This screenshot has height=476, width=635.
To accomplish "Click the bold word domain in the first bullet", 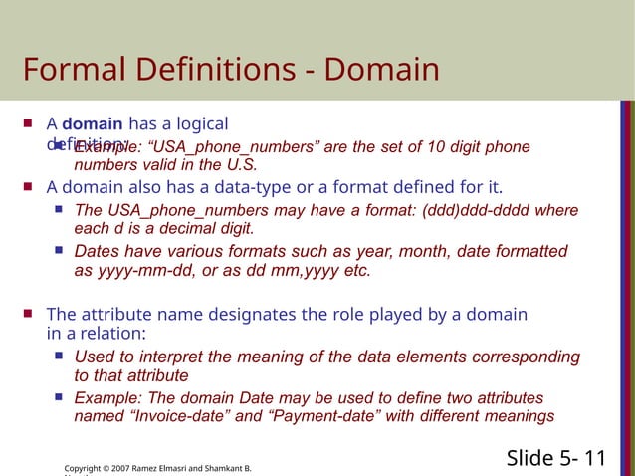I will point(93,124).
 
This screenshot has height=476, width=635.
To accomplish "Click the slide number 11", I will point(595,458).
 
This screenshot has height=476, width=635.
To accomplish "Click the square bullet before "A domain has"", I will point(28,124).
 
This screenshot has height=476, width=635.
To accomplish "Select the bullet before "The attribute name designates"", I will point(28,315).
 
